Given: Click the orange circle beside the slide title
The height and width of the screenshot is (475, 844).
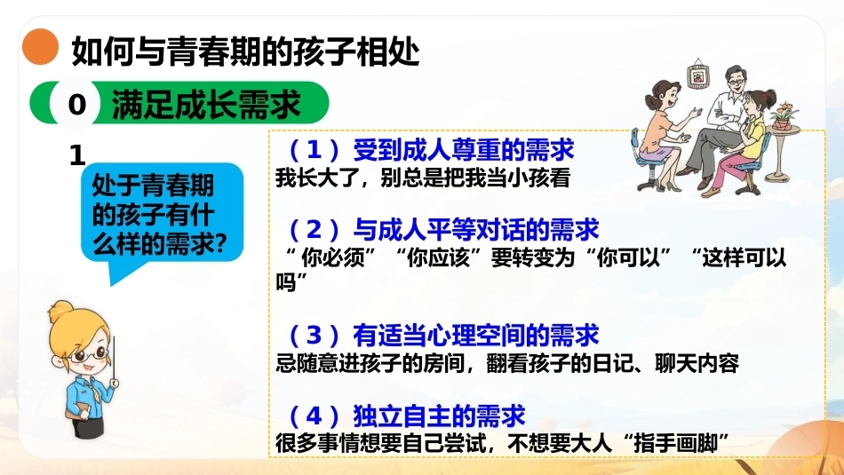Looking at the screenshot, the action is click(x=40, y=47).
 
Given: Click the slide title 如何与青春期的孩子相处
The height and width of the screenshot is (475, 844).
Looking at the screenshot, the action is click(x=245, y=51).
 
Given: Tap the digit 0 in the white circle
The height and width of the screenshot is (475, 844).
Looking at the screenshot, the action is click(x=77, y=104).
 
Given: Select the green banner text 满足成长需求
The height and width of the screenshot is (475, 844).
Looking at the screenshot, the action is click(x=205, y=104).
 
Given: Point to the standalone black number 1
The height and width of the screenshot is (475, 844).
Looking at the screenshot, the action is click(x=77, y=156).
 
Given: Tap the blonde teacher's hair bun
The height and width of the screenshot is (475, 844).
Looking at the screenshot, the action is click(x=60, y=311).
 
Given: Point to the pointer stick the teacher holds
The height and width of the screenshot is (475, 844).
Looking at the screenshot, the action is click(x=114, y=359).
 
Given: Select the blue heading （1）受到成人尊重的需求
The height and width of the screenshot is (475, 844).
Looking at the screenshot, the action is click(x=431, y=149).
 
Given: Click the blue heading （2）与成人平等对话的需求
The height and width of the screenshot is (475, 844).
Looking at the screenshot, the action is click(x=443, y=230).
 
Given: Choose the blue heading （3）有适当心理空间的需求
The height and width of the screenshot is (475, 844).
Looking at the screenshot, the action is click(x=443, y=335).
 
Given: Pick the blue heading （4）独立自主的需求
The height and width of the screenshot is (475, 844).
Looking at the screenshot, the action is click(x=407, y=416).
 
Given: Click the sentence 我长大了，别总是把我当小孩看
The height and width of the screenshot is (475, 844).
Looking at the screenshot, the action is click(x=423, y=178).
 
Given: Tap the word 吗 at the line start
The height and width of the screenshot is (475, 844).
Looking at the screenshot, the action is click(x=285, y=281).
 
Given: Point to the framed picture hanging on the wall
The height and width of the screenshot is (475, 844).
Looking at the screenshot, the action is click(x=697, y=75).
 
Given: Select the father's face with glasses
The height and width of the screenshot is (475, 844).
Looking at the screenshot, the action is click(x=736, y=82).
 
